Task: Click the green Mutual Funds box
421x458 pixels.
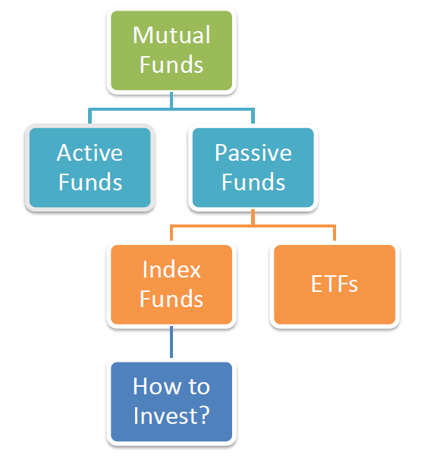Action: [171, 50]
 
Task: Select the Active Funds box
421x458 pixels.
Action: [90, 168]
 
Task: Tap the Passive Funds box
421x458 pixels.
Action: [253, 168]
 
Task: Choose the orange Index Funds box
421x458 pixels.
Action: [171, 284]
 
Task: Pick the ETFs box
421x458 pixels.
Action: [335, 284]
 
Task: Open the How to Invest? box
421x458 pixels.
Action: [171, 402]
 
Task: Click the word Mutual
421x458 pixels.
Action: [171, 35]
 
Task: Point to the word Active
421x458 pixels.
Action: [90, 152]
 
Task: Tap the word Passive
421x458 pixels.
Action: [253, 152]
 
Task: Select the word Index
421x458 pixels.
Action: [171, 269]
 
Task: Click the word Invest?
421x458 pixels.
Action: [171, 416]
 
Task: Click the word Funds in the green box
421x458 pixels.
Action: [171, 64]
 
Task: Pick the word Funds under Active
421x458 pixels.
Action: [90, 182]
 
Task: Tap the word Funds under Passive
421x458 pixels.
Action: [253, 182]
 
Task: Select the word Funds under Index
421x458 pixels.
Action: [171, 299]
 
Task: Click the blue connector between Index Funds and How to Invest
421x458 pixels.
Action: [171, 342]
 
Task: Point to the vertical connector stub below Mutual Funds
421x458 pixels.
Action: [171, 100]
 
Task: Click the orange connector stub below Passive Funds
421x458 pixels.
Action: [253, 217]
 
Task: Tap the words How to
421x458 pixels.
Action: [171, 386]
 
